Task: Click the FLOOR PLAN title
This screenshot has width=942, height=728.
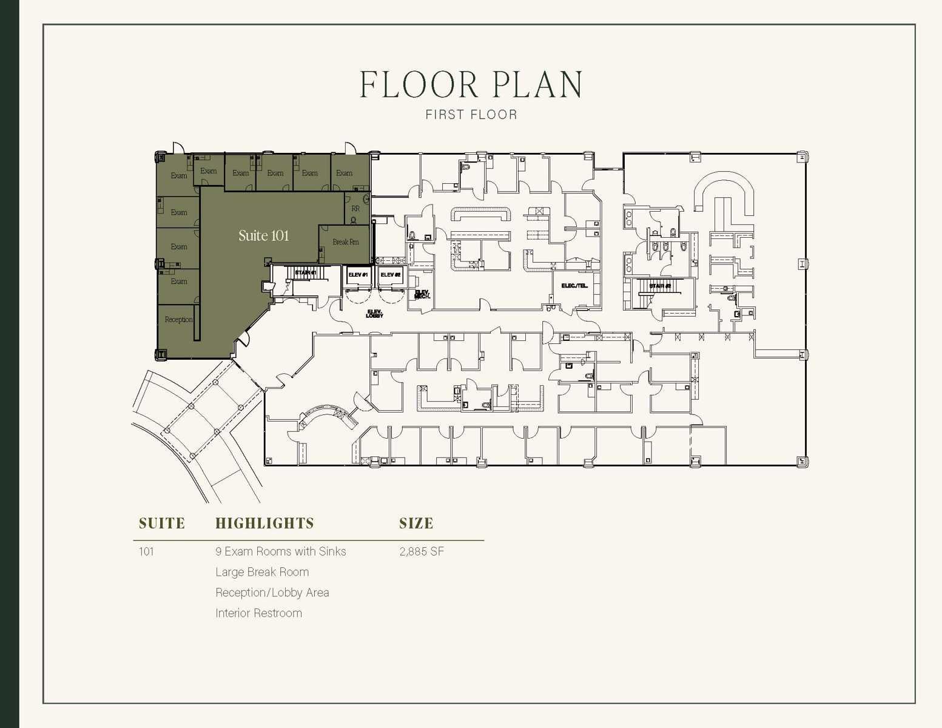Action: [471, 84]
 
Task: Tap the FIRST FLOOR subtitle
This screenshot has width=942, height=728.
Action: [471, 115]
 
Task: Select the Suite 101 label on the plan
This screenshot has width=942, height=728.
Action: [263, 235]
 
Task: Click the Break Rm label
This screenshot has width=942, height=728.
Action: [345, 242]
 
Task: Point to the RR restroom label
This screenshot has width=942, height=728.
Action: [355, 209]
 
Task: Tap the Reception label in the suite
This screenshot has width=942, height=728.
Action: [178, 320]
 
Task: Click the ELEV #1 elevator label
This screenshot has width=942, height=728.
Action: [358, 275]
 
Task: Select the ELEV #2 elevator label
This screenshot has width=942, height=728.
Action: [391, 275]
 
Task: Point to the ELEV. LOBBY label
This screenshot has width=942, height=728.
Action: [374, 314]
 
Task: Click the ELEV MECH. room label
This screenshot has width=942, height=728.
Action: [422, 294]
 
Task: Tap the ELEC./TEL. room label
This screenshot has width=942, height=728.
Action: [574, 286]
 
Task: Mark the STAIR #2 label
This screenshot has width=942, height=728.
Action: [660, 286]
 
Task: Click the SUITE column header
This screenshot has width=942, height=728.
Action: [161, 524]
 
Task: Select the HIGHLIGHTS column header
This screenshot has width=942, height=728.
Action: [264, 524]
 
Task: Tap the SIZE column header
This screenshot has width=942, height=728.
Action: [416, 524]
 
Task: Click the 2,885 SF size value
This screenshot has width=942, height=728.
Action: [422, 551]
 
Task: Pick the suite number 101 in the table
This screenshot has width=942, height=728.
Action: [146, 551]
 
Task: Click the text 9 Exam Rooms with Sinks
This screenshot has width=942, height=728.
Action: [280, 551]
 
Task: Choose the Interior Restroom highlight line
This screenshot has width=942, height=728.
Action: [258, 613]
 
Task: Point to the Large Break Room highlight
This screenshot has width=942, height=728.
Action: [262, 572]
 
